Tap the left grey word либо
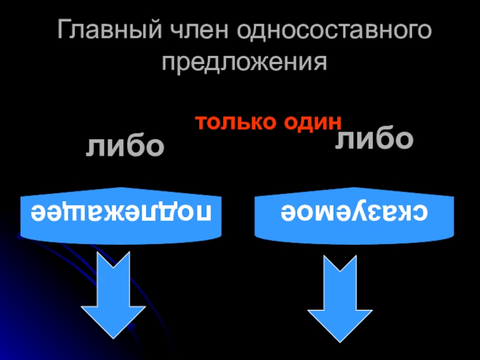(x=125, y=146)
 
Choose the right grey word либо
(x=374, y=139)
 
